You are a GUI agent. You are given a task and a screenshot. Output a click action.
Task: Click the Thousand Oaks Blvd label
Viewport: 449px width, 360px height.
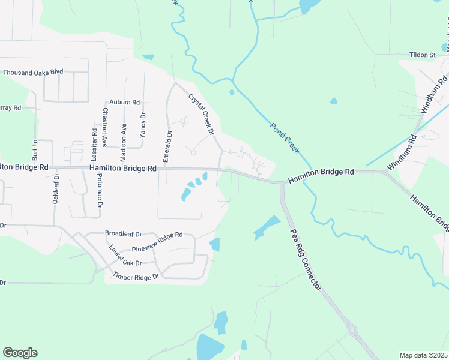[33, 72]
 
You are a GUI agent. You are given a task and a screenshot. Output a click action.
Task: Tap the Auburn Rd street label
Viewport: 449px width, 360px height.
[124, 103]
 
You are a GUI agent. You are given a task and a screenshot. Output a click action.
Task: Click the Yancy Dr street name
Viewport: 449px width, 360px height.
[143, 125]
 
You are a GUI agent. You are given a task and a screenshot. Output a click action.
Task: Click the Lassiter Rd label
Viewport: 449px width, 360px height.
[94, 145]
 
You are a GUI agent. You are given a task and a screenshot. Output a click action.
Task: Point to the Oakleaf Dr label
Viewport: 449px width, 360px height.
[56, 189]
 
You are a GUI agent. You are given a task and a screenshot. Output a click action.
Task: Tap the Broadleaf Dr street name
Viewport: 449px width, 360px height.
[123, 234]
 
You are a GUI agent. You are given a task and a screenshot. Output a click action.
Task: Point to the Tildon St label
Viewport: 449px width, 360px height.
[423, 55]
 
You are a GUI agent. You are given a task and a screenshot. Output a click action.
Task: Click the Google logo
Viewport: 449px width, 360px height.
[20, 353]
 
